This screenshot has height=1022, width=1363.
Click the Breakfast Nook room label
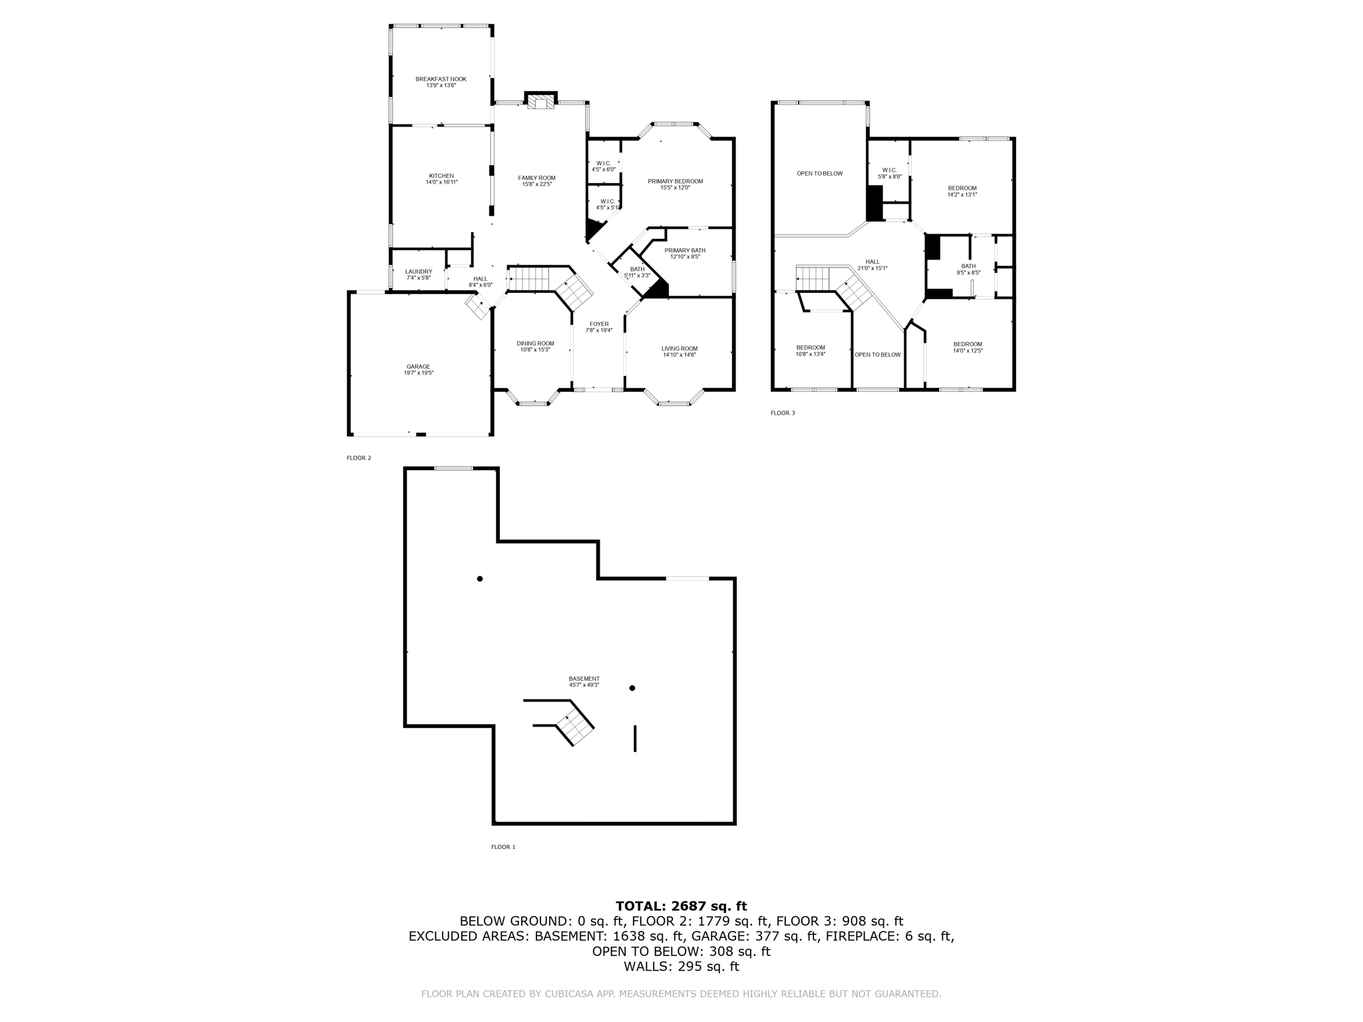441,79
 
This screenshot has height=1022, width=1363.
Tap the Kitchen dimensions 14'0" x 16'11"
441,182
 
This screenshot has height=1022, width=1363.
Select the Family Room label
536,178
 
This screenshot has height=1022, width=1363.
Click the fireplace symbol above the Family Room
540,101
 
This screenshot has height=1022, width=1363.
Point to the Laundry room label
419,271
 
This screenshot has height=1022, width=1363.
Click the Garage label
419,367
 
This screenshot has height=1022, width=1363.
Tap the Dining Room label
535,343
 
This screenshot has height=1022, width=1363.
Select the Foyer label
598,324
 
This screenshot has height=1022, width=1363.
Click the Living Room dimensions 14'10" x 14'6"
680,355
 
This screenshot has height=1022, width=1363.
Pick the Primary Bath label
685,250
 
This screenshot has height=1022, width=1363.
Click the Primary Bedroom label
675,181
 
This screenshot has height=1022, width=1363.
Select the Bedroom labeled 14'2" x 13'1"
962,188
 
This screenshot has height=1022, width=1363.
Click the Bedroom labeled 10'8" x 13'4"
810,347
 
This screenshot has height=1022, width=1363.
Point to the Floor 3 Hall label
872,261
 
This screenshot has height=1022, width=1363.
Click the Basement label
584,679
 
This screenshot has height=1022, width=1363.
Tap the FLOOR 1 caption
503,847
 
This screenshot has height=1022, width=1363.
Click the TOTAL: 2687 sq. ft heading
681,906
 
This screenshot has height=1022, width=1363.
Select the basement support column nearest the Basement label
632,688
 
